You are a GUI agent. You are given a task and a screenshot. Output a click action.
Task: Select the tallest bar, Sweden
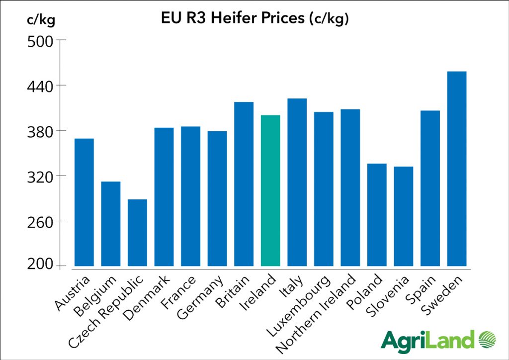pyautogui.click(x=457, y=169)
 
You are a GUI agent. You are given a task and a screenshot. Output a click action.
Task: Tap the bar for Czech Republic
pyautogui.click(x=137, y=233)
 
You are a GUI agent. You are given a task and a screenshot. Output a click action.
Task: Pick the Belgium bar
pyautogui.click(x=110, y=224)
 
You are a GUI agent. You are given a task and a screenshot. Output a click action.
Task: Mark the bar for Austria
pyautogui.click(x=84, y=202)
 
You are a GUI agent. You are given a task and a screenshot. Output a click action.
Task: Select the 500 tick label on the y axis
pyautogui.click(x=39, y=40)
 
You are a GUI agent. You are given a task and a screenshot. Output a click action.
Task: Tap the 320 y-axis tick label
pyautogui.click(x=39, y=176)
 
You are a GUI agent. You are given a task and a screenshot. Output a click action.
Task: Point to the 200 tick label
pyautogui.click(x=39, y=266)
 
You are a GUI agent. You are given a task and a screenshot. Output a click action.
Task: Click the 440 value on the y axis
pyautogui.click(x=39, y=86)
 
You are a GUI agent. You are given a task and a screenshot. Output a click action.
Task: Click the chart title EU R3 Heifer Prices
pyautogui.click(x=254, y=19)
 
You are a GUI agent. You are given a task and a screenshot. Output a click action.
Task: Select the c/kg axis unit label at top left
pyautogui.click(x=41, y=20)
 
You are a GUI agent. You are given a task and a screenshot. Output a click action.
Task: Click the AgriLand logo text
pyautogui.click(x=427, y=341)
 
